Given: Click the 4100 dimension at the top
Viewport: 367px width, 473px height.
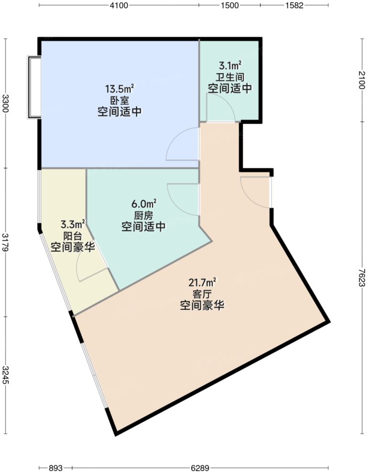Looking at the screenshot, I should click(119, 6).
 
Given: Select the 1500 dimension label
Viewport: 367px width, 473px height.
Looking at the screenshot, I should click(230, 6).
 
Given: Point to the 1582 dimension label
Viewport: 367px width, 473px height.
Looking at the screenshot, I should click(294, 6).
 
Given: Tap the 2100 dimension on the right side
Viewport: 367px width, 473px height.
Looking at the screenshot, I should click(361, 80).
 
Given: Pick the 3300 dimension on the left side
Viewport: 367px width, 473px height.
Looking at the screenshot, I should click(5, 103).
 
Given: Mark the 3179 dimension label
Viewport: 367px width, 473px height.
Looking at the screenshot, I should click(5, 242).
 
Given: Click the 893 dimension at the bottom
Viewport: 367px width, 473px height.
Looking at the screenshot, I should click(56, 467).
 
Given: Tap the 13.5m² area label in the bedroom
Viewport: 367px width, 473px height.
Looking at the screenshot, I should click(119, 89).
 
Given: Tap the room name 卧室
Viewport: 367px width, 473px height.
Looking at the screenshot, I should click(119, 100).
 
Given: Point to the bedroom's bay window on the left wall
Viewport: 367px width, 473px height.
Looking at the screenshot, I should click(33, 87).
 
